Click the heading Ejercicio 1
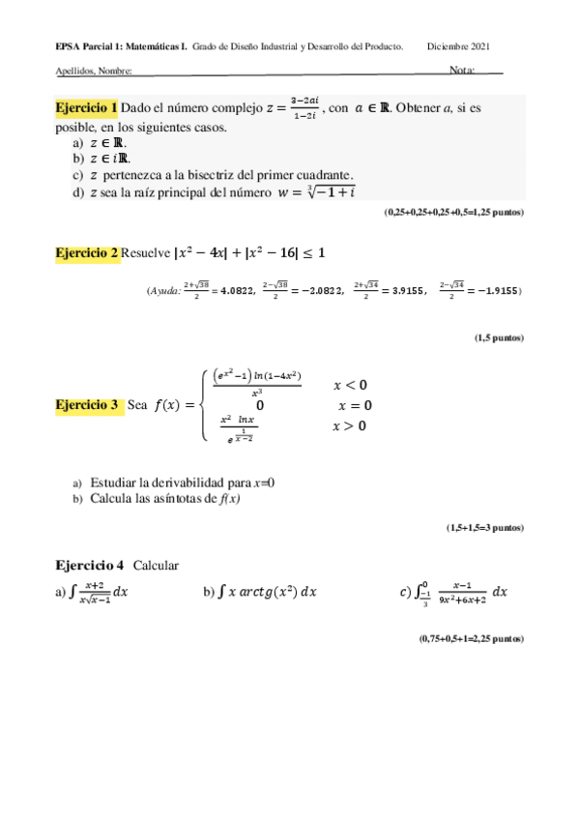point(87,107)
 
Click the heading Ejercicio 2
point(87,253)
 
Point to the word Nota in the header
point(461,71)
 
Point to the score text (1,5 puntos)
point(498,337)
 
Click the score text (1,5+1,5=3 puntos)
point(484,528)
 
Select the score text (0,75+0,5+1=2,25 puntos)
point(471,639)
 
